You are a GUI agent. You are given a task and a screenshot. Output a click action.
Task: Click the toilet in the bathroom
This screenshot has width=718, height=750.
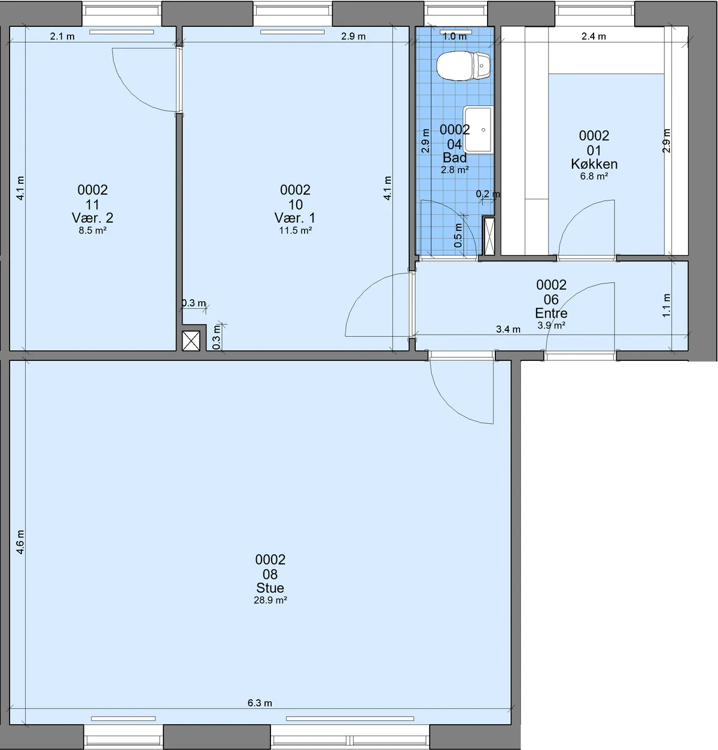pos(463,66)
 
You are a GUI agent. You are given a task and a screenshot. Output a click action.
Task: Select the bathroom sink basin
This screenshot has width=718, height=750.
pos(479,130)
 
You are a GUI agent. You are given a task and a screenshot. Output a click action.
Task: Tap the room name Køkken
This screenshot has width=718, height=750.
pos(594,164)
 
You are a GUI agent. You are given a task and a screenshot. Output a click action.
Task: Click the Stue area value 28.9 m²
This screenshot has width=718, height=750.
pos(270,600)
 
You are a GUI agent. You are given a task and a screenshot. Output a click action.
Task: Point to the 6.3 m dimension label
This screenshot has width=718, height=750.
pos(260,703)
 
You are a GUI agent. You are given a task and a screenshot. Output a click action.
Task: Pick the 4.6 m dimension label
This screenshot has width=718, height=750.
pos(20,542)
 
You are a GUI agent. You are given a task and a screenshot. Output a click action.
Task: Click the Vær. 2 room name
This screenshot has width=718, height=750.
pos(93,218)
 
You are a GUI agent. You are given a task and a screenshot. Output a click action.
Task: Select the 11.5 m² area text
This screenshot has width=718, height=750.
pos(296,230)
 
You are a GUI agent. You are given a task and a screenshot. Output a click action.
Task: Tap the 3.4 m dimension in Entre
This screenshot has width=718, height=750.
pos(508,329)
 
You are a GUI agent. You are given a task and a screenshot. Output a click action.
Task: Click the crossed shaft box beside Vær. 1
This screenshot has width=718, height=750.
pos(191,341)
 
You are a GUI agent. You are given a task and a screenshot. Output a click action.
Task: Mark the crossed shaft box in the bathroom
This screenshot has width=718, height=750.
pos(489,236)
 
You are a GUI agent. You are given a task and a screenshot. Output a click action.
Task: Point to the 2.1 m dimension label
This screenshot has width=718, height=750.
pos(62,37)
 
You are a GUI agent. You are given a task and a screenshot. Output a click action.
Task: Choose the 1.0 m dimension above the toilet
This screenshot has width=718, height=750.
pos(455,37)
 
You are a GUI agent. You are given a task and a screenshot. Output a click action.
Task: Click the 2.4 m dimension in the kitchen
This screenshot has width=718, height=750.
pos(594,37)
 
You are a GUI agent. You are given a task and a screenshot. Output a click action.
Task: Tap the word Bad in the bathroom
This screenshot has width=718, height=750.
pos(455,157)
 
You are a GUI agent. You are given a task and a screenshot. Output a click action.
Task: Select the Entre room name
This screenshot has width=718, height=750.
pos(551,312)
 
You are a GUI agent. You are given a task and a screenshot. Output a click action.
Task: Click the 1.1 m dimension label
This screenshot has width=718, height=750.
pos(667,305)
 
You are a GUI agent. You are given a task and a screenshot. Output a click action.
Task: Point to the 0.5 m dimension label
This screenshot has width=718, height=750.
pos(458,235)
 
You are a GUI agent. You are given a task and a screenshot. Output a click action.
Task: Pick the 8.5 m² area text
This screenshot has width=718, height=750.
pos(93,230)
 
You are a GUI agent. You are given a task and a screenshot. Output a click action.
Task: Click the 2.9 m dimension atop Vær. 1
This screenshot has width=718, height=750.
pos(353,37)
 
